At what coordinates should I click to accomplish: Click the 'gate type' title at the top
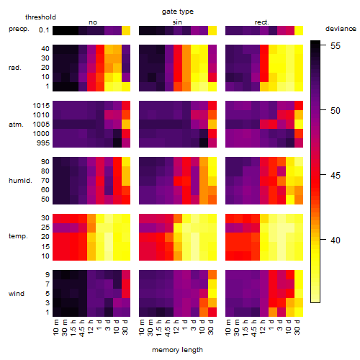(178, 12)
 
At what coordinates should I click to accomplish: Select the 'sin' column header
(177, 22)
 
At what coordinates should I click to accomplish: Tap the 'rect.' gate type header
(262, 22)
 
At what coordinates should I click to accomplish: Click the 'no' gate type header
(93, 22)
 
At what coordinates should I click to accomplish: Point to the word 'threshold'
(40, 17)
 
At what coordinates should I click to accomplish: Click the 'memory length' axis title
(178, 350)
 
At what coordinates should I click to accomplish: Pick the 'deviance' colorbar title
(341, 29)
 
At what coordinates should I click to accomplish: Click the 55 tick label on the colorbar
(336, 46)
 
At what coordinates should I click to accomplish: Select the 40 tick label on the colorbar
(336, 240)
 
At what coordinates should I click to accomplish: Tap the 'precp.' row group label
(19, 29)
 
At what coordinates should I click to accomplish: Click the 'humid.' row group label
(20, 181)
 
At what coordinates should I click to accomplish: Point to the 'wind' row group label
(17, 294)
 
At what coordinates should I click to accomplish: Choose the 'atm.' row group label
(16, 125)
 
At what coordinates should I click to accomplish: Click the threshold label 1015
(41, 106)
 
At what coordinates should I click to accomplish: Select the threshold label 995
(43, 143)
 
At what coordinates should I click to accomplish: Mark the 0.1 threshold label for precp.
(44, 30)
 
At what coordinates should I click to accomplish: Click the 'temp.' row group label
(18, 236)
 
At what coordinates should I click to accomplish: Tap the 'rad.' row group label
(15, 68)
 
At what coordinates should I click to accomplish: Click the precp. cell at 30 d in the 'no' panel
(126, 31)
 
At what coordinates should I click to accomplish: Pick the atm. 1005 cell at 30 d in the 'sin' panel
(212, 125)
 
